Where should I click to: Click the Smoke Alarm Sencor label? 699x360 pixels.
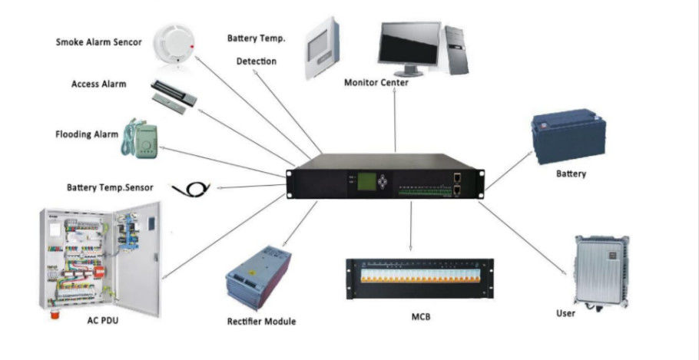[98, 42]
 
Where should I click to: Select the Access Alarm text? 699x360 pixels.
[98, 84]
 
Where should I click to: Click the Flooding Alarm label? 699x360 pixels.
[86, 134]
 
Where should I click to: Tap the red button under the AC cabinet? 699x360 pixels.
[56, 315]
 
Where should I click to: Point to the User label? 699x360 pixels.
[565, 313]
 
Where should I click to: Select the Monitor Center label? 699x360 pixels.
[376, 83]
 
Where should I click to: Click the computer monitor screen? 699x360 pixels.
[409, 43]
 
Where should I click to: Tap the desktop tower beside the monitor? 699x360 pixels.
[454, 48]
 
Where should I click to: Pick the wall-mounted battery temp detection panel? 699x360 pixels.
[326, 50]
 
